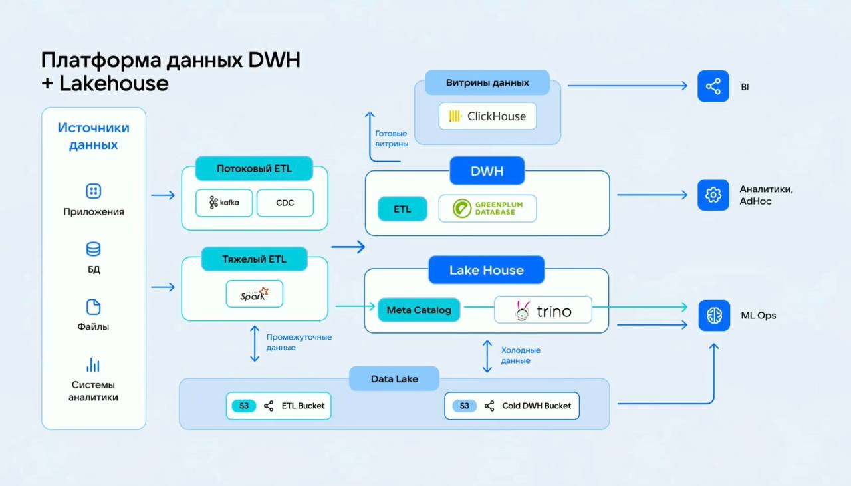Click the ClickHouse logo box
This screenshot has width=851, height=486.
487,116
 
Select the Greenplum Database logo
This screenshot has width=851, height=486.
487,209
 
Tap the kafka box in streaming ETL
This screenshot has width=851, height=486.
224,203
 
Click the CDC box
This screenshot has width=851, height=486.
285,203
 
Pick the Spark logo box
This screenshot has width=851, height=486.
254,294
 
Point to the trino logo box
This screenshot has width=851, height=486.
543,310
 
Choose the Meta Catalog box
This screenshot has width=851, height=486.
419,310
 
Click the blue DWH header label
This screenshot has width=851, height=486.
487,171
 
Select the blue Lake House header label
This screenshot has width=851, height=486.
486,270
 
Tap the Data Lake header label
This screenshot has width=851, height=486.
394,379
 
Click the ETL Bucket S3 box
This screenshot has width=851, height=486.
279,406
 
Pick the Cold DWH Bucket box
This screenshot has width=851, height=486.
512,406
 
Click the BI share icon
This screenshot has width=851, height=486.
713,86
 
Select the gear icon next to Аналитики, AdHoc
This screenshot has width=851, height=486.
713,195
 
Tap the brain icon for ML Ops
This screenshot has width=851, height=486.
714,315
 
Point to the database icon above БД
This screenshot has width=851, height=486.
93,249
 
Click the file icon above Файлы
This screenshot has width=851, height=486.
93,307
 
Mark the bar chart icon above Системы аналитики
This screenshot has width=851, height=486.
93,365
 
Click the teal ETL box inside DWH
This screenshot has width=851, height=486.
402,209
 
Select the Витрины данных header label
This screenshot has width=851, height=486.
487,83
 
